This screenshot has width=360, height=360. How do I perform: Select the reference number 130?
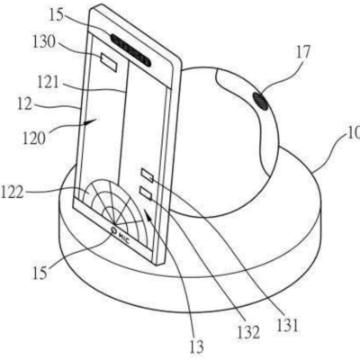point(44,42)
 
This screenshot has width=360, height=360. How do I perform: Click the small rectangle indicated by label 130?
point(109,62)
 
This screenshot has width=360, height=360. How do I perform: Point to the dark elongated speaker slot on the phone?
point(130,49)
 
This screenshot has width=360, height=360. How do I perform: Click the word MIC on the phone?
point(123,237)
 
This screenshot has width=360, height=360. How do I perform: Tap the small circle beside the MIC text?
point(113,230)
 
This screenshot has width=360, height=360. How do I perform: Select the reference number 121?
point(48,81)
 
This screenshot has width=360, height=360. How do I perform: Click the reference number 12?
point(24,104)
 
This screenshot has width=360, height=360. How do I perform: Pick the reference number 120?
point(34,139)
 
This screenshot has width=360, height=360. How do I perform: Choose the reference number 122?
point(12,193)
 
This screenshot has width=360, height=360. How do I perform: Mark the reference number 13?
point(197,346)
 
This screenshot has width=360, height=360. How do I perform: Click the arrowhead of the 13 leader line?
point(147,213)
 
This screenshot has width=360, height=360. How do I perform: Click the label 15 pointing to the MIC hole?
point(40,273)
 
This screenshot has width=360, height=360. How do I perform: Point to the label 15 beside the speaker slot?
point(57,15)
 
